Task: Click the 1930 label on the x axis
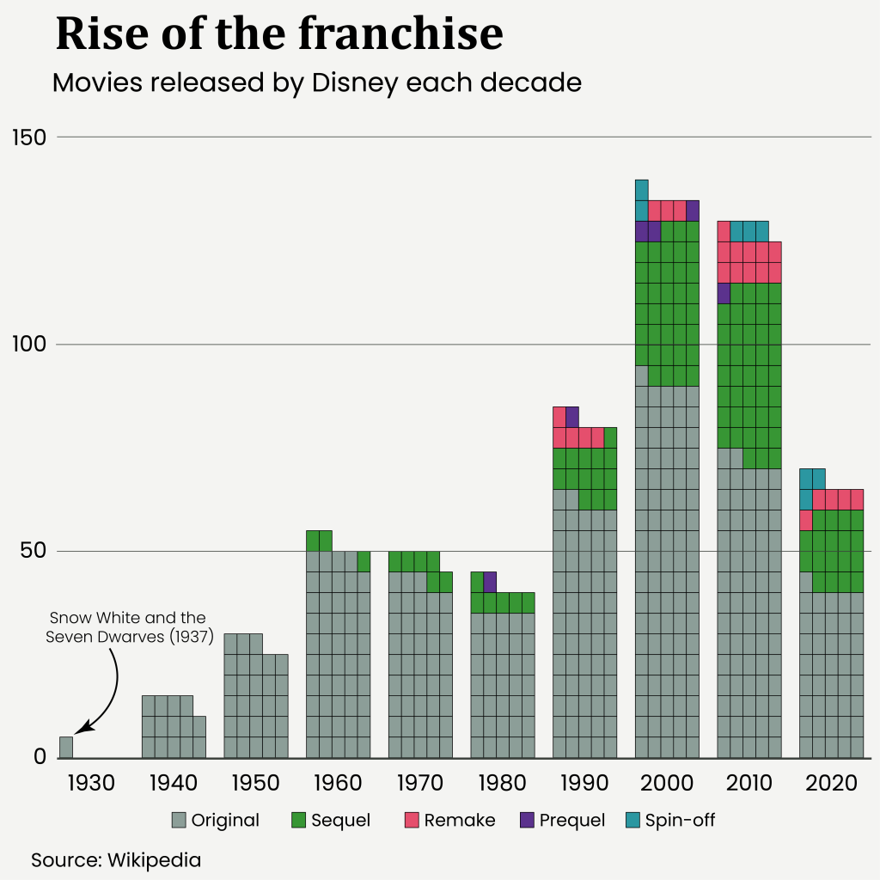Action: pos(90,783)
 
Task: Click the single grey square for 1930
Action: pos(66,747)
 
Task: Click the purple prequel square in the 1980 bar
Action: pos(490,582)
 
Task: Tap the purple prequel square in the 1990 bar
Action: pos(572,417)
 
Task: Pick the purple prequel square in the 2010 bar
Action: pos(724,293)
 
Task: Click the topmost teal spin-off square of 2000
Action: pos(642,190)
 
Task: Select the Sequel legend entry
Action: pos(331,820)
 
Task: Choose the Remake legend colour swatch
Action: pos(411,820)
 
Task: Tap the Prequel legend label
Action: pos(572,820)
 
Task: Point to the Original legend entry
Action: pos(216,820)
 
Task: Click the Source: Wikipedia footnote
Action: pos(116,859)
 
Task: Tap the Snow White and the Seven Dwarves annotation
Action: pos(127,627)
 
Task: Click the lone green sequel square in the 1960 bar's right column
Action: pos(364,561)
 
